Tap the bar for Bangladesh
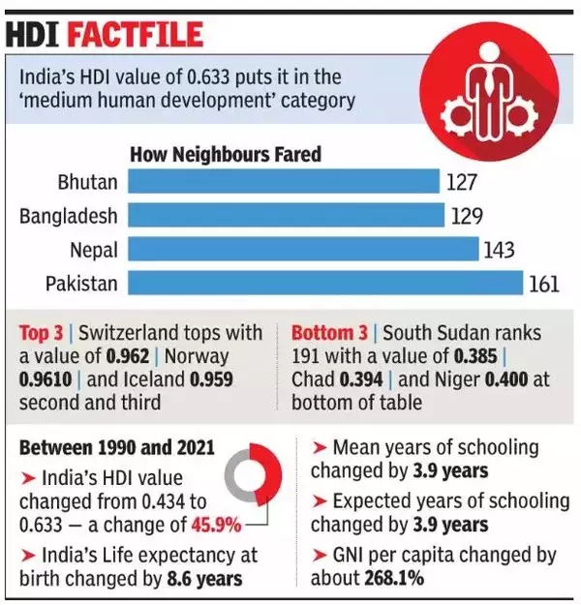[x=286, y=215]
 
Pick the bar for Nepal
[x=303, y=249]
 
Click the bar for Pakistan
[x=325, y=283]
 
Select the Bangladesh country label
[x=68, y=215]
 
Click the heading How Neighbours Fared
[x=226, y=154]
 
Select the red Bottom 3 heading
[x=328, y=333]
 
